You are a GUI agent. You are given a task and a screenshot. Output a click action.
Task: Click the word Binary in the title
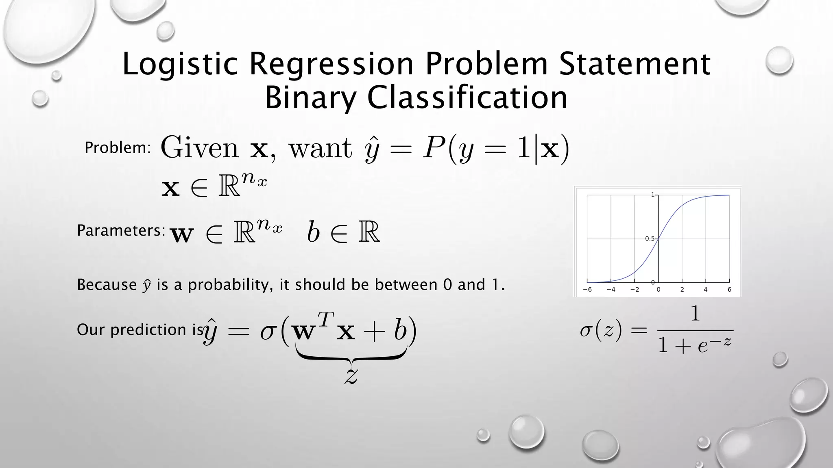[x=310, y=98]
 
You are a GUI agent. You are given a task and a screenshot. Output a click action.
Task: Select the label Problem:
[x=118, y=148]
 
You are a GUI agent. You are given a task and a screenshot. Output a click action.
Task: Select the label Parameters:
[x=121, y=231]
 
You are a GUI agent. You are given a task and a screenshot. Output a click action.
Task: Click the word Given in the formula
[x=200, y=148]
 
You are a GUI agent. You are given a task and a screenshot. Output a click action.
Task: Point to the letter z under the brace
[x=351, y=375]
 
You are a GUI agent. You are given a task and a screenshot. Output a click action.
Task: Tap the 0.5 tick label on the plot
[x=650, y=238]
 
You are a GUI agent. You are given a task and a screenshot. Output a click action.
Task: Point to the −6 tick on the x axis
[x=587, y=290]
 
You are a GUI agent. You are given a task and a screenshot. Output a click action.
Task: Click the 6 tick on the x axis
[x=729, y=290]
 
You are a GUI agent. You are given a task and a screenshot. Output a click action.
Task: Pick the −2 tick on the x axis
[x=634, y=290]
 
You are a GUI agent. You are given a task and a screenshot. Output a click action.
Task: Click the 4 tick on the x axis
[x=706, y=290]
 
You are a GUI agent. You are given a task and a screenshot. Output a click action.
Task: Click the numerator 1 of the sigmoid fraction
[x=695, y=314]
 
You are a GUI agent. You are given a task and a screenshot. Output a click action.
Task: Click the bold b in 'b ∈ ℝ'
[x=313, y=232]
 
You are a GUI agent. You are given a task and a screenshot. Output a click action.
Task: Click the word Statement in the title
[x=635, y=64]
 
